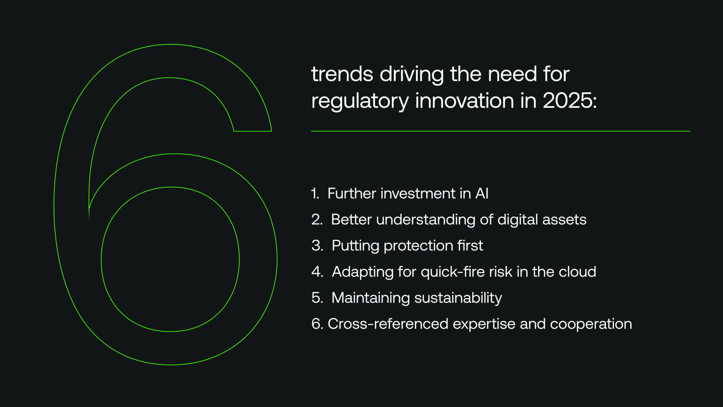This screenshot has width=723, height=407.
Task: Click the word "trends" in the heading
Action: [x=342, y=74]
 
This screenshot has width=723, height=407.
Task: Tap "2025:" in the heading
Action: [x=569, y=101]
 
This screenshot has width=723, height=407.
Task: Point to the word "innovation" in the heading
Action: [x=465, y=101]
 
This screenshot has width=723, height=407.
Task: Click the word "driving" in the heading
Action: [x=411, y=75]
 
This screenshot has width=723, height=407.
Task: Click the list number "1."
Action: [x=315, y=194]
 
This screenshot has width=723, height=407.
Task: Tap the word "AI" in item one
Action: [x=482, y=194]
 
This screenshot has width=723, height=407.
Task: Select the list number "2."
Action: [x=317, y=220]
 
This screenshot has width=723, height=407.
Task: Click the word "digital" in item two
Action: [x=518, y=220]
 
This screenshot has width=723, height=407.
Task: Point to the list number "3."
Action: [x=317, y=246]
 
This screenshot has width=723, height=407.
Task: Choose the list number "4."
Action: [x=317, y=272]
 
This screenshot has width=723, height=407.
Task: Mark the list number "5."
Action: [x=317, y=298]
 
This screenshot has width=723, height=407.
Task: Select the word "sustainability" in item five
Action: [x=458, y=298]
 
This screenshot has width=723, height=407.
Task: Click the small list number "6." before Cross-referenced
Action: [x=317, y=324]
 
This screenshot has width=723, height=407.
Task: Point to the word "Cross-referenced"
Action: [x=388, y=324]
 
